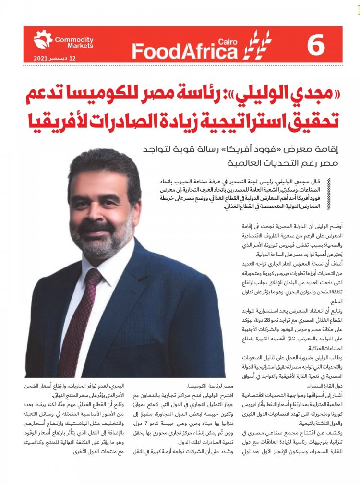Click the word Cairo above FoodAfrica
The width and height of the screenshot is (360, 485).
click(x=227, y=41)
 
